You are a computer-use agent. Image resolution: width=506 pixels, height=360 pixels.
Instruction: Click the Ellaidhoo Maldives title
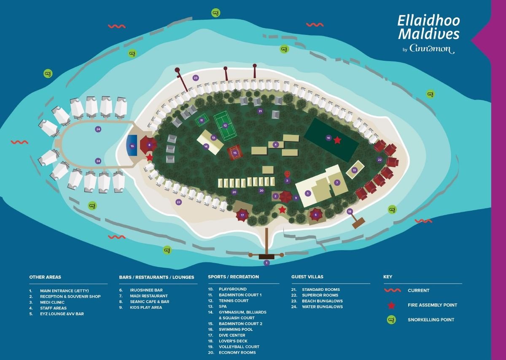click(x=428, y=27)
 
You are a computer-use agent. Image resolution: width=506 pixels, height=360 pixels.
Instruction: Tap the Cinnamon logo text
click(x=432, y=48)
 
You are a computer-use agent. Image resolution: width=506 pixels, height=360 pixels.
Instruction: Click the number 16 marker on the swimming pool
click(x=132, y=146)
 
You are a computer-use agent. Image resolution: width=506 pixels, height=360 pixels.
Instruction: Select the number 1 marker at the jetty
click(x=267, y=263)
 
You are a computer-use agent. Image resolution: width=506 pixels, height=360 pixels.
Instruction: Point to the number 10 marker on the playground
click(x=328, y=138)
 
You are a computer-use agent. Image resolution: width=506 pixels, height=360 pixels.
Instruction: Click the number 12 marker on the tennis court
click(x=225, y=126)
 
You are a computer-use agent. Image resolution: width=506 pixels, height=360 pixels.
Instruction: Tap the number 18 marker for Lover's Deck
click(x=350, y=211)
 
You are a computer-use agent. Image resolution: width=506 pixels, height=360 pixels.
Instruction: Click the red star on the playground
click(x=337, y=140)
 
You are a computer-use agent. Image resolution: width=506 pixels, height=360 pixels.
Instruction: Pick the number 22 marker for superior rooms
click(x=379, y=160)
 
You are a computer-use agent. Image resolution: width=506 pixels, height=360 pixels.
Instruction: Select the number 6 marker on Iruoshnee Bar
click(x=316, y=215)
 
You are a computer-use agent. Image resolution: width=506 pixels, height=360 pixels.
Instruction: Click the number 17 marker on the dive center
click(x=242, y=215)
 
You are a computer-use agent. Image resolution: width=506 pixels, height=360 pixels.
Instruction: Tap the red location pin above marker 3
click(x=287, y=174)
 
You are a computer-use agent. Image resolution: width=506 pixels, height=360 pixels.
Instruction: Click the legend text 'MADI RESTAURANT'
click(x=148, y=296)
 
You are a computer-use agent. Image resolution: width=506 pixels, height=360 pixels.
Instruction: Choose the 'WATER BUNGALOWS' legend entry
click(x=322, y=307)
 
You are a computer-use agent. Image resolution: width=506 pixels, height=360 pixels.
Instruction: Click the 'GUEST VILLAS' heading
click(x=307, y=277)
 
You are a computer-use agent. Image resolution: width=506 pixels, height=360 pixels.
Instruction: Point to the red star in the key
click(x=391, y=305)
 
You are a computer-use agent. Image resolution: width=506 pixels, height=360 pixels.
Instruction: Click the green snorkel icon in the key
click(x=391, y=320)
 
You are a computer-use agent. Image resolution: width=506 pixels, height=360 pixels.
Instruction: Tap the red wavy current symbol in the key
click(x=393, y=290)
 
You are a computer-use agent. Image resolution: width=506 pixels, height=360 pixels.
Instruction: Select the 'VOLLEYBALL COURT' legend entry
click(x=239, y=347)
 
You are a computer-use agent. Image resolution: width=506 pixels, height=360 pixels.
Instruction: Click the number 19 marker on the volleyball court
click(x=354, y=170)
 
